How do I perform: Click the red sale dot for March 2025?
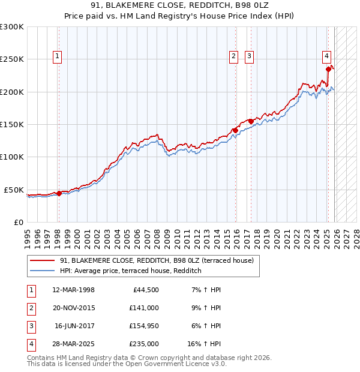coord(328,69)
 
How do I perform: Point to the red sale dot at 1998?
coord(59,193)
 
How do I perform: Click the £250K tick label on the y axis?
coord(12,59)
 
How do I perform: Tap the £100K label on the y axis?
coord(12,157)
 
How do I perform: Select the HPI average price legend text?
coord(130,271)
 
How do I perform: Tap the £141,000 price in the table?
coord(143,307)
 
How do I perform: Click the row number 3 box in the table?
coord(31,326)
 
